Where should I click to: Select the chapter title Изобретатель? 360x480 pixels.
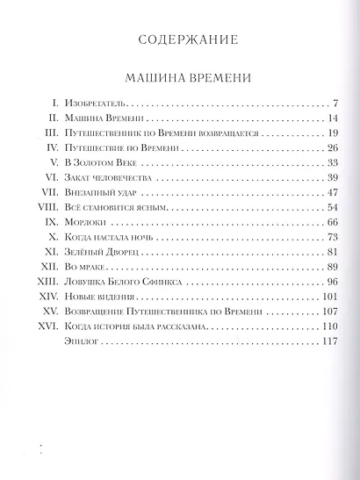coord(95,104)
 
